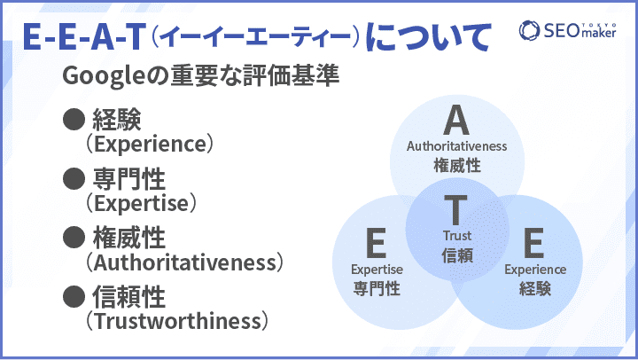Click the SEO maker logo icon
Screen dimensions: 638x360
point(529,30)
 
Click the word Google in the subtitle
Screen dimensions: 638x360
point(104,76)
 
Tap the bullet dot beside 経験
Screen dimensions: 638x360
point(74,120)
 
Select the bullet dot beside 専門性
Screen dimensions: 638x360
point(74,178)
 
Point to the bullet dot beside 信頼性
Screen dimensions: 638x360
point(74,296)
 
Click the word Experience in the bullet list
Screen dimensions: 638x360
point(150,145)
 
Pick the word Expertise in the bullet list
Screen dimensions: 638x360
point(142,203)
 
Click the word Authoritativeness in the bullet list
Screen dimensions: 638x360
point(184,262)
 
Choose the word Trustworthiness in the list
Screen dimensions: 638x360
point(177,321)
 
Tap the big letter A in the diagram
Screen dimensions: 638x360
point(456,120)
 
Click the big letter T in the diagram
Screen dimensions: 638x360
point(455,209)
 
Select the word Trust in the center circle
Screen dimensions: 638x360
point(457,235)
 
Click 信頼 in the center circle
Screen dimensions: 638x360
point(457,255)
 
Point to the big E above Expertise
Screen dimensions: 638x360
point(376,243)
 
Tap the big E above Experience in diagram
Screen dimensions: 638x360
point(533,243)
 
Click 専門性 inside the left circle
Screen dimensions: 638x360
point(377,288)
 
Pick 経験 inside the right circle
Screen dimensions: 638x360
point(534,288)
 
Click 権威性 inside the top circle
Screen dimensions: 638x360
point(457,165)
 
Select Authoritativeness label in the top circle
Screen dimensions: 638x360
point(456,145)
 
